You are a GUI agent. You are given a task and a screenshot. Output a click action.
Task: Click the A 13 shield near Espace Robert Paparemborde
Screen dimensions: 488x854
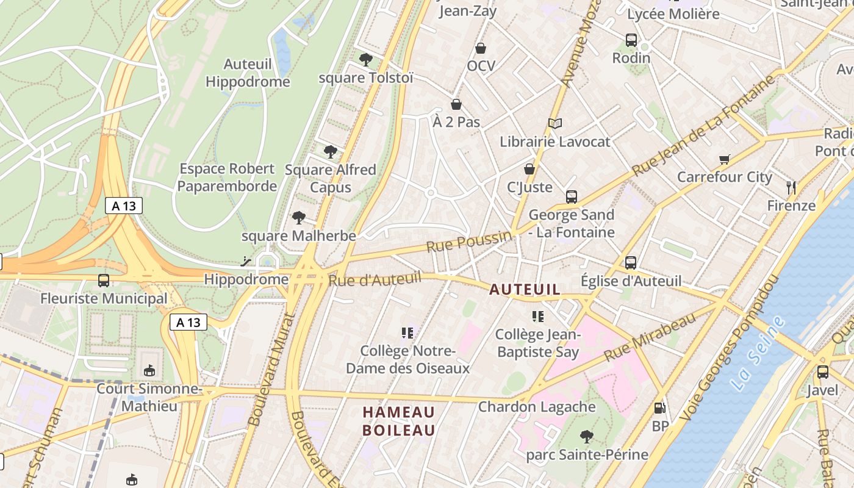124,206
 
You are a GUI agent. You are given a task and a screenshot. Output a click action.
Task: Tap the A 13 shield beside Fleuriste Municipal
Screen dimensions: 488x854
188,322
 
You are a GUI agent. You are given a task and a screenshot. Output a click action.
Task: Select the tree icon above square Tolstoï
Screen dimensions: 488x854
366,59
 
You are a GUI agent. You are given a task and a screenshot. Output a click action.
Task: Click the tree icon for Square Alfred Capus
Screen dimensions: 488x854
331,151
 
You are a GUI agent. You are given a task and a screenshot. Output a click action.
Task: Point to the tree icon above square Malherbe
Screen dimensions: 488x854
299,217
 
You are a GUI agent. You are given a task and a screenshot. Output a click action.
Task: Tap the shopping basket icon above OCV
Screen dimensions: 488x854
481,48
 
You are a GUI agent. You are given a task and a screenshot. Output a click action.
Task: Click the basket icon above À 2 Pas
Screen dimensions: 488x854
456,104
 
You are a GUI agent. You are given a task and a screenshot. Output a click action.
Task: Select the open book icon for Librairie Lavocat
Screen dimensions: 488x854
554,124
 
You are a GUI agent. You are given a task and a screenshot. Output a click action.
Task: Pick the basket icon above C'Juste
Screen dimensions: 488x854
529,168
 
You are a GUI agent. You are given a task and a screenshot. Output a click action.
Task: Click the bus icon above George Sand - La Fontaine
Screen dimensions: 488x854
572,196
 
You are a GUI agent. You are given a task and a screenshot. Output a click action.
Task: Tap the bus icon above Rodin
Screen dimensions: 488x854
631,40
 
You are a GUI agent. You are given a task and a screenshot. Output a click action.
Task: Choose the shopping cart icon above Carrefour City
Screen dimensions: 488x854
725,159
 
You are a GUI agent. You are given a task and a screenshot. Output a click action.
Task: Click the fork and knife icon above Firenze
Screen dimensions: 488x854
792,187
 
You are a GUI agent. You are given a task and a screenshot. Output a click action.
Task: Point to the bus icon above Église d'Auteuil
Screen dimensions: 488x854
631,263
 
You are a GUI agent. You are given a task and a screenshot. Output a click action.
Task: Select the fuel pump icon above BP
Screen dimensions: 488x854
660,408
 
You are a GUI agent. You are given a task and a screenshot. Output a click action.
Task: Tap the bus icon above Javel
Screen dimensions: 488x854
823,371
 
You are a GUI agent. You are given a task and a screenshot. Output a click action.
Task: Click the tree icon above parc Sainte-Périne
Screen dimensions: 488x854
587,436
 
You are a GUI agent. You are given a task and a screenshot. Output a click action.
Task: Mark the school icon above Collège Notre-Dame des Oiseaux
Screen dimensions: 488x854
408,332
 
